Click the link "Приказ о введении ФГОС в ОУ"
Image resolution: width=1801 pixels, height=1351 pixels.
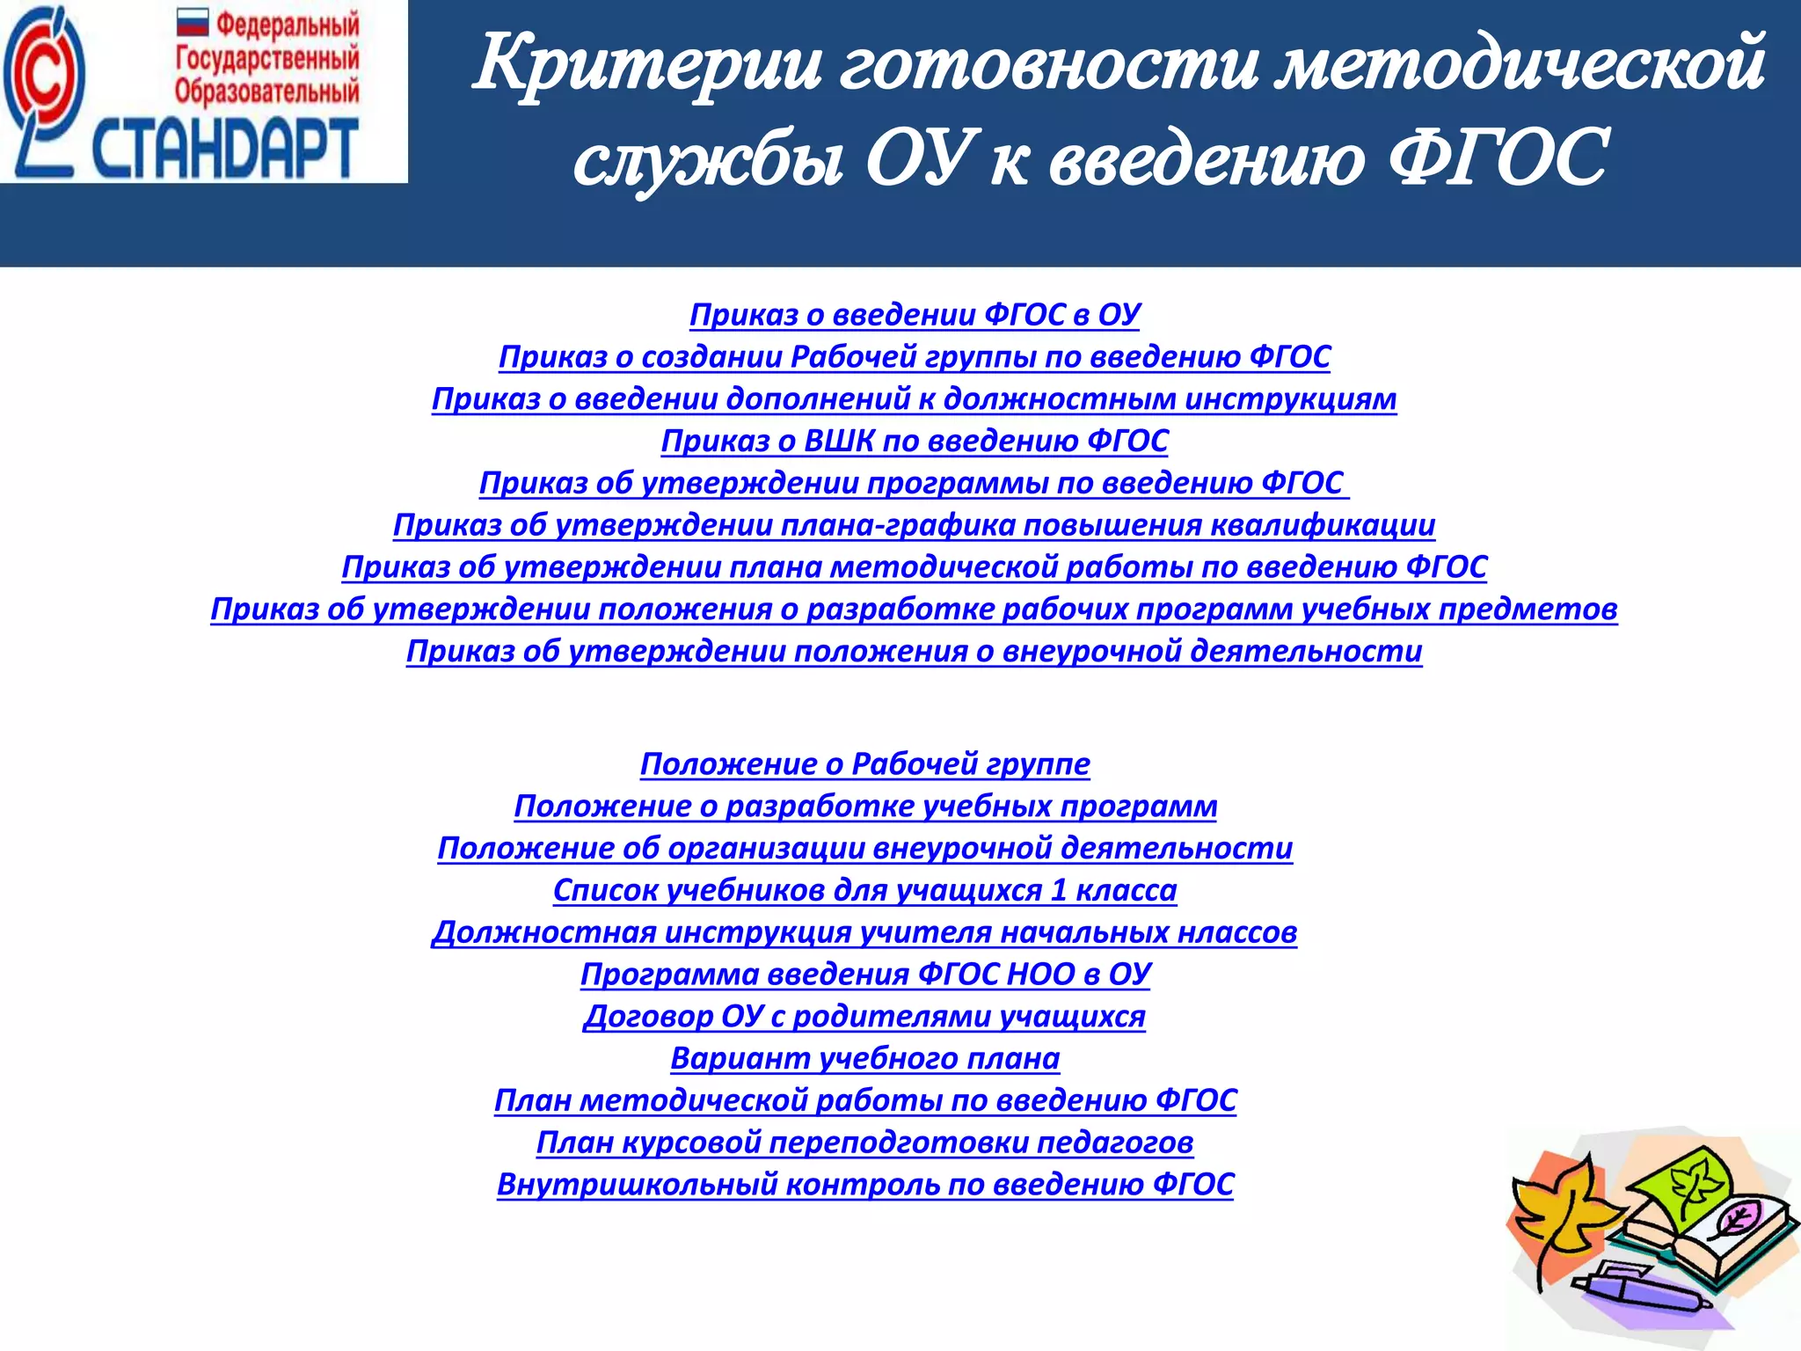click(914, 315)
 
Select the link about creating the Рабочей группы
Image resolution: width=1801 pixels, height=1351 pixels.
click(914, 357)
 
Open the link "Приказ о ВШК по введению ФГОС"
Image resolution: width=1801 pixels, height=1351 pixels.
click(914, 441)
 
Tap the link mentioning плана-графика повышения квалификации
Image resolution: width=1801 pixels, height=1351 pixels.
click(914, 525)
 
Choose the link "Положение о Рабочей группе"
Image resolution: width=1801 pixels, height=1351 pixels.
click(864, 764)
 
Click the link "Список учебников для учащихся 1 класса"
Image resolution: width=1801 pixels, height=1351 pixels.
click(864, 890)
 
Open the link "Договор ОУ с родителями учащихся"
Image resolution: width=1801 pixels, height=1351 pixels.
click(864, 1016)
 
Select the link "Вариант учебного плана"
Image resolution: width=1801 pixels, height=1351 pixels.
click(864, 1058)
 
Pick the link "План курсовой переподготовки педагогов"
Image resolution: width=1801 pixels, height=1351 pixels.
click(864, 1143)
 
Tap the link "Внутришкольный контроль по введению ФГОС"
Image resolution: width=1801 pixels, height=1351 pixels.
click(864, 1185)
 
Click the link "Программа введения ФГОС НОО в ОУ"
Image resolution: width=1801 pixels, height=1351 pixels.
click(864, 975)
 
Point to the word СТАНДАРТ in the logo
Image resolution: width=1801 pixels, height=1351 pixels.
click(224, 150)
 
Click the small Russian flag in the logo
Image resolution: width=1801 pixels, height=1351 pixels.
click(192, 22)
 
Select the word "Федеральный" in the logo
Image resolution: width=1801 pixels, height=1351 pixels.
click(288, 25)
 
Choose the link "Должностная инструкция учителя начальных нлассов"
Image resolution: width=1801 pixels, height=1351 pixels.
click(864, 932)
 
